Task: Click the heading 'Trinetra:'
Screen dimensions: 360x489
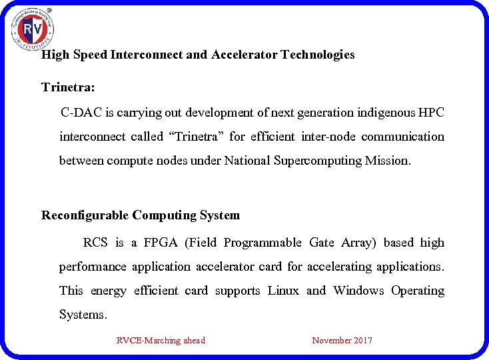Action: (x=68, y=87)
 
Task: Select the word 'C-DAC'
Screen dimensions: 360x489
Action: (x=79, y=113)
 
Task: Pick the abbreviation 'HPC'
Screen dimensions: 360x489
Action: (x=432, y=113)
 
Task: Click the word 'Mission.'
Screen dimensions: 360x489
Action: (x=388, y=161)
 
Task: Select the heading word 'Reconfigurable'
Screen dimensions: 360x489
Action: (x=85, y=215)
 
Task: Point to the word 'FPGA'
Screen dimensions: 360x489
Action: (x=161, y=243)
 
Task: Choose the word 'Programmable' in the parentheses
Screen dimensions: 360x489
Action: (x=262, y=243)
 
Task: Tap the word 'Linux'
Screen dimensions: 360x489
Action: (x=283, y=291)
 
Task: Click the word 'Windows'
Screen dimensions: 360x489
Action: (x=358, y=291)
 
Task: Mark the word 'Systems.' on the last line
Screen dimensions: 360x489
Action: (x=83, y=315)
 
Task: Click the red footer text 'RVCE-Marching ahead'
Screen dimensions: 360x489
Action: (x=161, y=341)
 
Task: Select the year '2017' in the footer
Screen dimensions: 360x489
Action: (x=362, y=341)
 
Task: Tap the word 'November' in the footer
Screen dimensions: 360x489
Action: (x=331, y=341)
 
